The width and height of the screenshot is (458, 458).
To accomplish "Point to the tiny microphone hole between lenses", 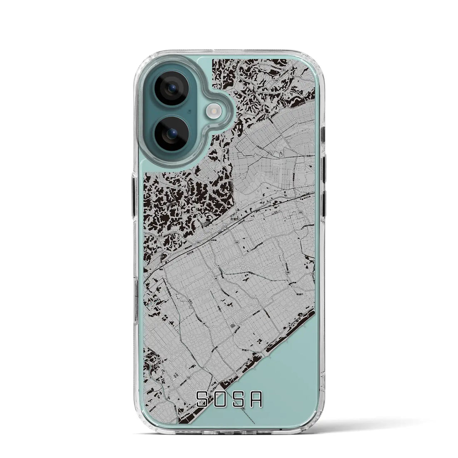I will tap(189, 112).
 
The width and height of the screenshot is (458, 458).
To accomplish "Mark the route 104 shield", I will tap(237, 241).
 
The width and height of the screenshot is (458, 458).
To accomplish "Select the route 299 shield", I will tap(288, 272).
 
